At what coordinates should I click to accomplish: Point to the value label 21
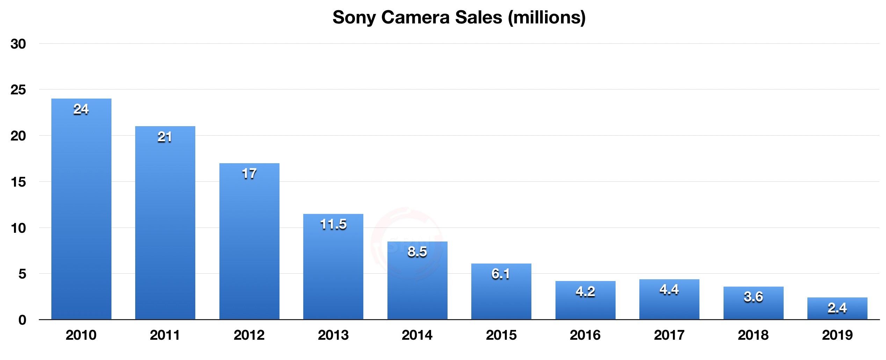165,137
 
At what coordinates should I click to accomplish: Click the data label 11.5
333,224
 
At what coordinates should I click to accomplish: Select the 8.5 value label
417,252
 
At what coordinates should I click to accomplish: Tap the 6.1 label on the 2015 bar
501,274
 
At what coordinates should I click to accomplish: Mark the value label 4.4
669,289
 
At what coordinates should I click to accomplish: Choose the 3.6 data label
753,297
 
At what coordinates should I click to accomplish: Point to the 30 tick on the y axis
18,44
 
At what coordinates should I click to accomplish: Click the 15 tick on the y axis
18,182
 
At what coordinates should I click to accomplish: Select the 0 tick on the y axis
22,320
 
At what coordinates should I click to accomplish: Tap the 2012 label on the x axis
249,335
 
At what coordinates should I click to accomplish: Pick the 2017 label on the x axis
669,335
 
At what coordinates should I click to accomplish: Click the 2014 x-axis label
417,335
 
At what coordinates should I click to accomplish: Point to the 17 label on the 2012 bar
249,174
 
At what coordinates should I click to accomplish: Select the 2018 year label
753,335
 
